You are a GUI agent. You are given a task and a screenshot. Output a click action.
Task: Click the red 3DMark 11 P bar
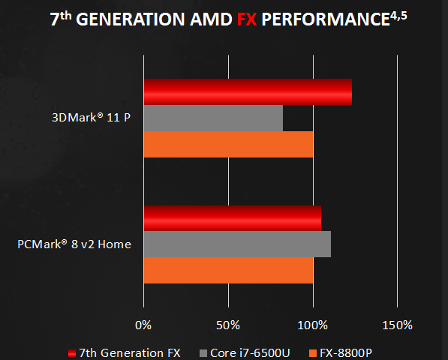[248, 92]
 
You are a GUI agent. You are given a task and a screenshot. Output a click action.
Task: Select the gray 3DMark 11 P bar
[213, 118]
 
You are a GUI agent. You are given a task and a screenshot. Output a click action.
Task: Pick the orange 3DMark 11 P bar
[229, 145]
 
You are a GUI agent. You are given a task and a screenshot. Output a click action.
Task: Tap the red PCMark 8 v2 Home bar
[233, 218]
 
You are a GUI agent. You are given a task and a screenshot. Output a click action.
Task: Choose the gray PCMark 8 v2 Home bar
[237, 244]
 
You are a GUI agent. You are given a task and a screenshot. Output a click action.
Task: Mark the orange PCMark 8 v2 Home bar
[229, 270]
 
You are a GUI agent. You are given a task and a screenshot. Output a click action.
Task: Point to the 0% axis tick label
[143, 325]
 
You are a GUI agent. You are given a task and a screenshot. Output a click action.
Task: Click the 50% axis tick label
[228, 325]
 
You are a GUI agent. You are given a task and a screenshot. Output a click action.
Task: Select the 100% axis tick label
[313, 325]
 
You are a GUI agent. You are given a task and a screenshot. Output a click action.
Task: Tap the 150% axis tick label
[398, 325]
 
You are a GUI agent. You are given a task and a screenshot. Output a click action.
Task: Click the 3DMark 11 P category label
[91, 117]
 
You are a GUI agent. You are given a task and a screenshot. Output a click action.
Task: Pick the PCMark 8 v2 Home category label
[74, 244]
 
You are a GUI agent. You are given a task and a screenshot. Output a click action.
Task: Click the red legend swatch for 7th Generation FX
[72, 353]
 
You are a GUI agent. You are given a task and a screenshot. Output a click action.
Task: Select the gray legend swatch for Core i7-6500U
[203, 353]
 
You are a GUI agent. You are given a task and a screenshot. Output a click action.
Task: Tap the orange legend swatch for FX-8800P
[313, 353]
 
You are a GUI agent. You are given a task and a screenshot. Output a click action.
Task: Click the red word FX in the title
[247, 19]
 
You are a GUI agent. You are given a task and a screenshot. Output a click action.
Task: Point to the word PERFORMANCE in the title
[326, 19]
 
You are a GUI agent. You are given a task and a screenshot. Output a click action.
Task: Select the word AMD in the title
[211, 19]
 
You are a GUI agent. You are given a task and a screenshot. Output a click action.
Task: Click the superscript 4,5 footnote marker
[398, 16]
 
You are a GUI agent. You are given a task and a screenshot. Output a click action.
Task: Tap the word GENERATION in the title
[131, 19]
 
